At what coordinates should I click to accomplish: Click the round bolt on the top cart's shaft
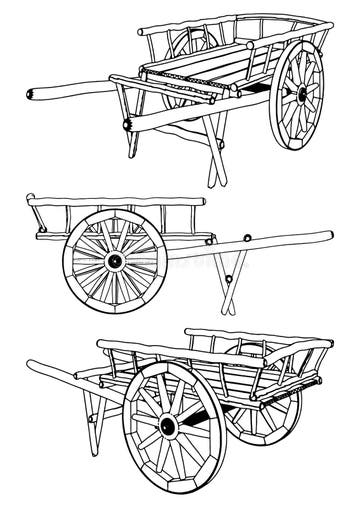point(125,126)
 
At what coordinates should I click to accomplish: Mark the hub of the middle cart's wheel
point(114,260)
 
